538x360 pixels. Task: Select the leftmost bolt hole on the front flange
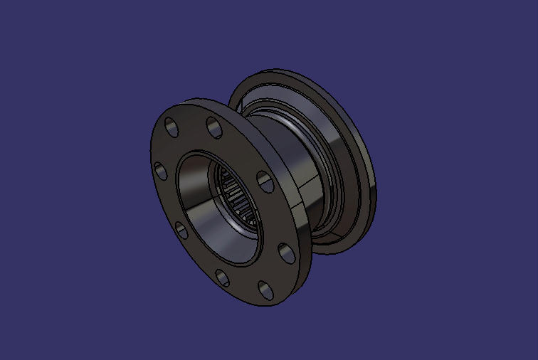tap(161, 170)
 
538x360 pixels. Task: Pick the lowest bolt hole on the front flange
tap(265, 289)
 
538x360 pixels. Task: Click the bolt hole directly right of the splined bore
tap(265, 182)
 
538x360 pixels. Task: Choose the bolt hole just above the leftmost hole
tap(172, 127)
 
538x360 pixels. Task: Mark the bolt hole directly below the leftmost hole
tap(181, 229)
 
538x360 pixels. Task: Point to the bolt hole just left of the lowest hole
tap(222, 277)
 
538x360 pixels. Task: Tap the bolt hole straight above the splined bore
tap(213, 126)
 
